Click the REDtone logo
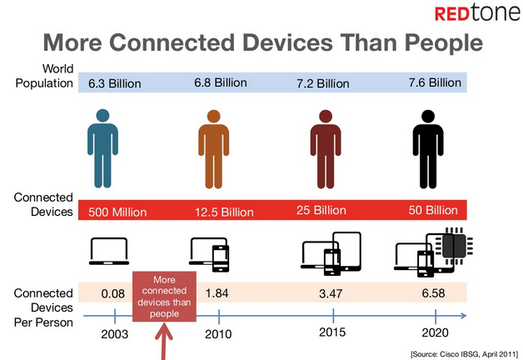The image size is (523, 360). coord(477,12)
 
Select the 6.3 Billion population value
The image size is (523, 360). coord(114,83)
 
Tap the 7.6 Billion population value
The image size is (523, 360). coord(435,82)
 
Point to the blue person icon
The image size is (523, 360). coord(102,148)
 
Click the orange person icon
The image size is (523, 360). coord(213,149)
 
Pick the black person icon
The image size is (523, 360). coord(428,149)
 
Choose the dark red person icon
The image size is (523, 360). coord(325,149)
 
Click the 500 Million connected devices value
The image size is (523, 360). coord(117,212)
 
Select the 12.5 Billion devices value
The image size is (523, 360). coord(224,212)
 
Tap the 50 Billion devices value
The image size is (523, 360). coord(433,210)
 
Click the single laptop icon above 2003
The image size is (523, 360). coord(109,252)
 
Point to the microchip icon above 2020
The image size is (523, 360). coord(454,246)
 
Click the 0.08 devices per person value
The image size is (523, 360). coord(112,293)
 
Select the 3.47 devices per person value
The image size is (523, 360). coord(331,293)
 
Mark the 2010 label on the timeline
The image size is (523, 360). coord(218,334)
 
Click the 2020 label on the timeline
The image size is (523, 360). coord(435,332)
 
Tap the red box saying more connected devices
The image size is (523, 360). coord(164,297)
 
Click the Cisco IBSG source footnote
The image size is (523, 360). coord(465,354)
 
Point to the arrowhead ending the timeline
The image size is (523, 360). coord(463,316)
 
